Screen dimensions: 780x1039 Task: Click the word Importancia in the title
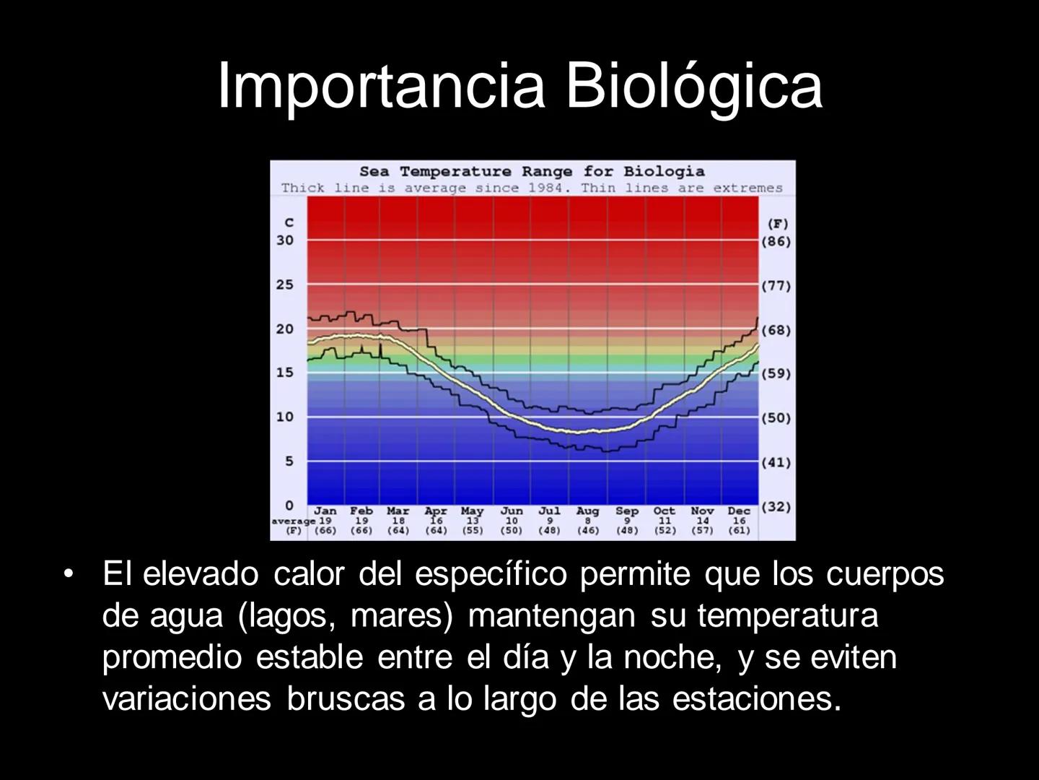[x=380, y=86]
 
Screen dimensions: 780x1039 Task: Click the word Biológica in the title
[x=693, y=86]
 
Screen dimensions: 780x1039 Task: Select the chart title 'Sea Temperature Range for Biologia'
[x=532, y=171]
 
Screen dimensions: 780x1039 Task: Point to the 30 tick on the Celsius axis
[x=286, y=240]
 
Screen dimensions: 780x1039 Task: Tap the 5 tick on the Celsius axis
[x=289, y=461]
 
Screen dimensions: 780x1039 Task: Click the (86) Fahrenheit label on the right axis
[x=776, y=241]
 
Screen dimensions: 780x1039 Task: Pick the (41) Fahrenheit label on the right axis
[x=776, y=462]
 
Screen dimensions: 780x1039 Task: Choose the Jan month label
[x=325, y=511]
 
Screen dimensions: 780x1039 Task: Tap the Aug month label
[x=587, y=511]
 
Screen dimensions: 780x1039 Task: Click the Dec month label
[x=739, y=511]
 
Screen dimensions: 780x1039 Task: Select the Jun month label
[x=512, y=511]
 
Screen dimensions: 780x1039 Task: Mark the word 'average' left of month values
[x=293, y=521]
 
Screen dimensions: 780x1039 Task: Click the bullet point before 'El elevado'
[x=69, y=575]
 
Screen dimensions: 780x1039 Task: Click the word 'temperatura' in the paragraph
[x=788, y=616]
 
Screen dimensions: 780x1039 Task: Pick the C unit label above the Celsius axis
[x=289, y=222]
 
